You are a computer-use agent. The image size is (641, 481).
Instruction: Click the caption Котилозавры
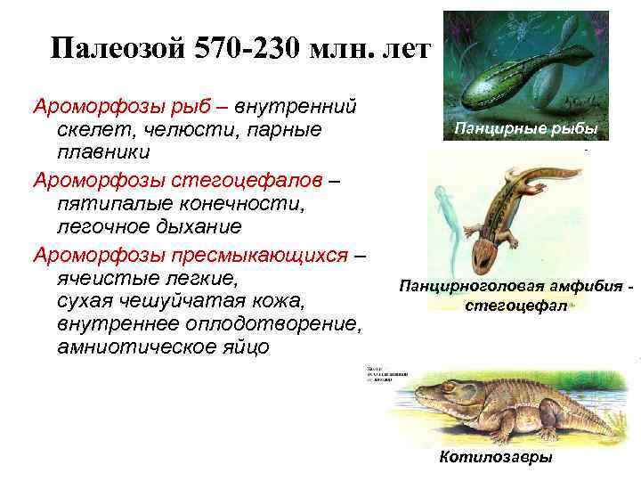[x=496, y=457]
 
